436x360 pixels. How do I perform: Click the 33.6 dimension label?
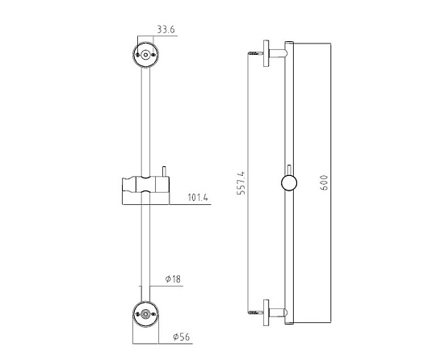tap(166, 30)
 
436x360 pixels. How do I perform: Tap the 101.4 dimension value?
tap(198, 198)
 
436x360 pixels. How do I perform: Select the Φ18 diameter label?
tap(173, 278)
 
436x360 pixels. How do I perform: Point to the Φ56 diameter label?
tap(182, 337)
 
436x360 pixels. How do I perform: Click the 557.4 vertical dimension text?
tap(241, 183)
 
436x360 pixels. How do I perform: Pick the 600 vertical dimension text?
tap(325, 182)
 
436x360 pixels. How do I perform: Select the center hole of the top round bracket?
tap(145, 55)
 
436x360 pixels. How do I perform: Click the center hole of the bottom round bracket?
tap(145, 314)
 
